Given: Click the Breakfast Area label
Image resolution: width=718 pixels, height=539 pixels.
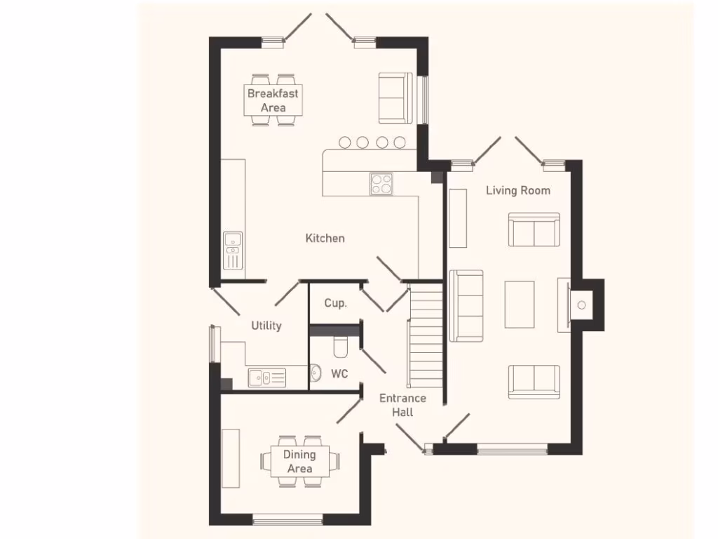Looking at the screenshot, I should [x=273, y=100].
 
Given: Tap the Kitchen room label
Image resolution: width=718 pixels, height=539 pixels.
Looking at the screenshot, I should [x=325, y=239].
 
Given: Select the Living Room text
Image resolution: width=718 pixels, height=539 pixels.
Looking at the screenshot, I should [x=518, y=190].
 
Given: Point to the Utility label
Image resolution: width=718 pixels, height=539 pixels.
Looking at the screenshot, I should [x=266, y=326].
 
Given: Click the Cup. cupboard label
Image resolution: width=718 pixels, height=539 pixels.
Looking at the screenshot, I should [x=335, y=303].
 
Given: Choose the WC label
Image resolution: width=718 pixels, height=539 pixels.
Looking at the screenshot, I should [x=339, y=374].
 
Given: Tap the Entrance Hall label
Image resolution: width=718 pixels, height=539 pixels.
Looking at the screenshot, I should [x=402, y=405].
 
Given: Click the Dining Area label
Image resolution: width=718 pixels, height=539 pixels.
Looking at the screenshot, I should [x=299, y=461].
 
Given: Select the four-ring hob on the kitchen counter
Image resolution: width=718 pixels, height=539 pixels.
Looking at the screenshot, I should [x=381, y=184].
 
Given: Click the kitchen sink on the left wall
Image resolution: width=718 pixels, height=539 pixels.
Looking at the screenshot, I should [x=232, y=251].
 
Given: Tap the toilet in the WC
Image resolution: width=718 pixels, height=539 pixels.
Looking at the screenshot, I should [x=341, y=347].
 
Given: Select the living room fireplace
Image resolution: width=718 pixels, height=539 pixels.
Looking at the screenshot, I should [x=579, y=305].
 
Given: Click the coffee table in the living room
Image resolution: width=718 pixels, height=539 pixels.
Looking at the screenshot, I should [x=519, y=304].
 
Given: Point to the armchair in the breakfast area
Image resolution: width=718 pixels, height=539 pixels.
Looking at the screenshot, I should [x=394, y=98].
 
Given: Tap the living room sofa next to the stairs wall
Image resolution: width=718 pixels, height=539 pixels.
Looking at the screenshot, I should [x=466, y=305].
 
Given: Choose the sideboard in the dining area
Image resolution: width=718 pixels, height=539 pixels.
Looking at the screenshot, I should [x=231, y=458].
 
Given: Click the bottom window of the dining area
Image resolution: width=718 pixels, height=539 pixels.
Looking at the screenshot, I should [x=287, y=520].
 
